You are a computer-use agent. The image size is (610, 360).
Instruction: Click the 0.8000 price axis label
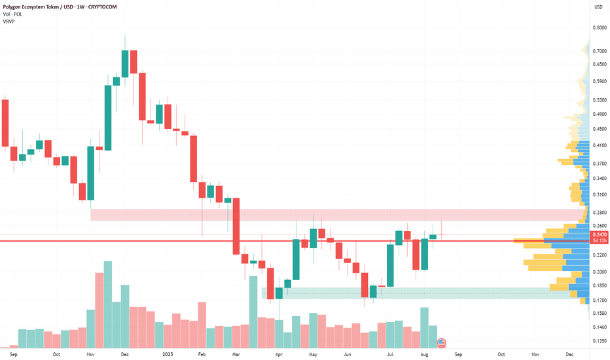(599, 27)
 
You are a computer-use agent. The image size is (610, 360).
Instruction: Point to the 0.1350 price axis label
(599, 341)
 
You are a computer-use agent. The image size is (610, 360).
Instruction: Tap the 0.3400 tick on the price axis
(599, 178)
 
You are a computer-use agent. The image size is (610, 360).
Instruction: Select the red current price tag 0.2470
(599, 234)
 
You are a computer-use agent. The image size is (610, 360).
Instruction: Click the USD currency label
(598, 7)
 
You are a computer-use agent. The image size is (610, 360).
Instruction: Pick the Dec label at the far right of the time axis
(569, 354)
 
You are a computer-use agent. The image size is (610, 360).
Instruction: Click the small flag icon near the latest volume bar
(441, 342)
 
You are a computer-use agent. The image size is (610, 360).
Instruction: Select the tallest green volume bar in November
(108, 304)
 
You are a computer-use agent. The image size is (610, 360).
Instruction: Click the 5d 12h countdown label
(599, 241)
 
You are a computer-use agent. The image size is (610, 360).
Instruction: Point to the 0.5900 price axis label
(599, 82)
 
